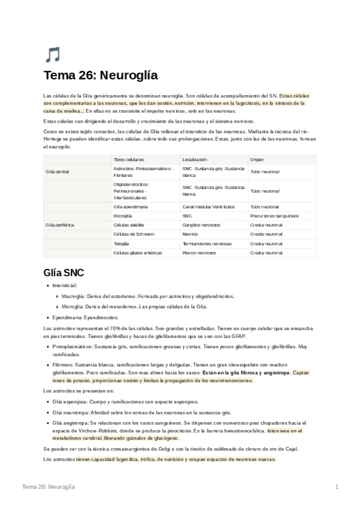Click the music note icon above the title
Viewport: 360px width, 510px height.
click(x=52, y=55)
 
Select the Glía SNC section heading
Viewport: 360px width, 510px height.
click(x=68, y=272)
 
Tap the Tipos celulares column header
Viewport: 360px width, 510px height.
click(x=128, y=159)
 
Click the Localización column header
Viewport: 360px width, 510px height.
click(x=195, y=159)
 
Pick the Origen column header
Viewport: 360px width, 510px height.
click(x=257, y=159)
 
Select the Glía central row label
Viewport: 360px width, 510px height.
click(x=58, y=172)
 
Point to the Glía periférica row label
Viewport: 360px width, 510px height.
click(x=59, y=224)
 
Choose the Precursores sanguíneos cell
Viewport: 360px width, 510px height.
click(x=274, y=215)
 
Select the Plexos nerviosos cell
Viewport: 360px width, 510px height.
click(x=199, y=253)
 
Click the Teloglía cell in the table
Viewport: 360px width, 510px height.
click(x=121, y=244)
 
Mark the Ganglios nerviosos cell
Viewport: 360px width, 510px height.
click(x=202, y=224)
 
